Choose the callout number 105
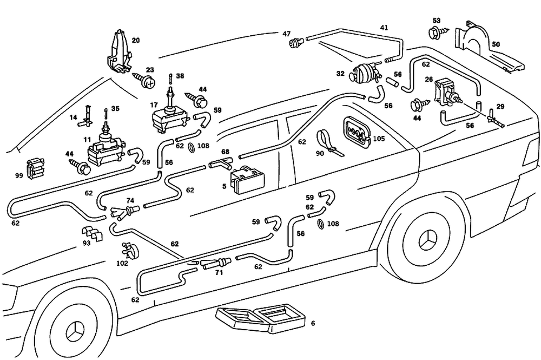pos(379,139)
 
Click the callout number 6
pos(312,324)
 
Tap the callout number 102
pos(122,264)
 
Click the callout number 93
pos(87,244)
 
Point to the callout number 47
pos(287,34)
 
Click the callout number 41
pos(384,27)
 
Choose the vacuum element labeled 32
pos(366,72)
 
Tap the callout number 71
pos(219,273)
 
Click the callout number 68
pos(225,152)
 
